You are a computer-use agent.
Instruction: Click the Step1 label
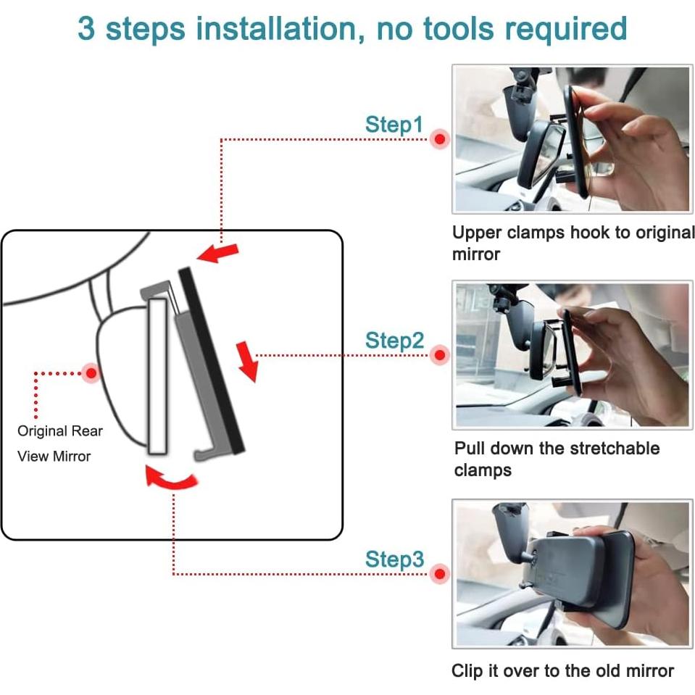tap(394, 125)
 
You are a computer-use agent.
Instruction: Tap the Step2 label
tap(394, 341)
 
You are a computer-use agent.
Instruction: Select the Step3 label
tap(394, 559)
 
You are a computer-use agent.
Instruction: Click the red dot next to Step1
tap(440, 139)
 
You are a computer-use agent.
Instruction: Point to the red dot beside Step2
tap(440, 355)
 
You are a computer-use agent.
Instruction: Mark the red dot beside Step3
tap(440, 574)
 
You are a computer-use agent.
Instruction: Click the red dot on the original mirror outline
tap(91, 373)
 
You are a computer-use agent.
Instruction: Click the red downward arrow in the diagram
tap(247, 361)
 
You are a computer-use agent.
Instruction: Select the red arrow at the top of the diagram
tap(218, 253)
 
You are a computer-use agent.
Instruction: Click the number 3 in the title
tap(86, 29)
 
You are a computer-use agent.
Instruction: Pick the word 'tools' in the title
tap(458, 29)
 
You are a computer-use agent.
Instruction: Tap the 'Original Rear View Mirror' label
tap(60, 444)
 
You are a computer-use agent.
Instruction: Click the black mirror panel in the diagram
tap(212, 360)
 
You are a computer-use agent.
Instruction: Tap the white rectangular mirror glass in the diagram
tap(158, 376)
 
